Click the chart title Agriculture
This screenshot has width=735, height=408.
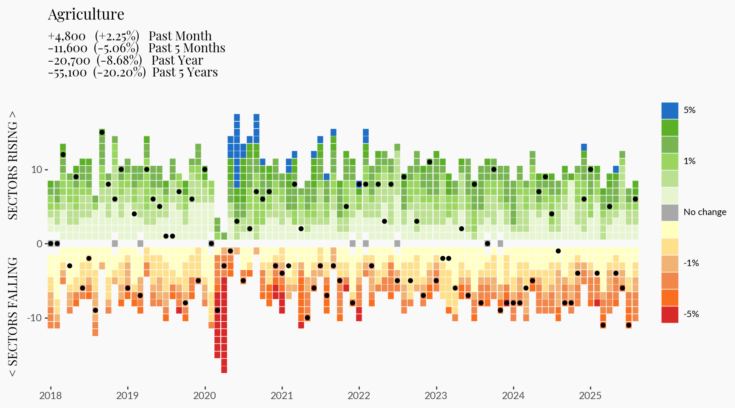(x=86, y=14)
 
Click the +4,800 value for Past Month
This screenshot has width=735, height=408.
(x=67, y=37)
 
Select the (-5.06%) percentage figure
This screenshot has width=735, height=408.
(x=116, y=48)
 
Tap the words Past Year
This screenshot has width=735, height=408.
(x=177, y=60)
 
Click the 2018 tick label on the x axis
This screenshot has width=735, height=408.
(x=50, y=396)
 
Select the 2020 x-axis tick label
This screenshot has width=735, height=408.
(x=205, y=396)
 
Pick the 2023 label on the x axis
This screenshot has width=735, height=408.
(x=436, y=396)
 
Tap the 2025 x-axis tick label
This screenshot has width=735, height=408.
(x=590, y=396)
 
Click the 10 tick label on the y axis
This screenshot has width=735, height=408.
(x=37, y=170)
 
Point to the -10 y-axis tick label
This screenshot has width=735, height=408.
(x=34, y=318)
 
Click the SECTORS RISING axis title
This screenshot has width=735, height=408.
(x=13, y=165)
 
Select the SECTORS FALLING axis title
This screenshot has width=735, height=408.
(x=13, y=317)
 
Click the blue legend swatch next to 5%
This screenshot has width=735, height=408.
(x=669, y=110)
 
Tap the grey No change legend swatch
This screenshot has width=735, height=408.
(x=669, y=212)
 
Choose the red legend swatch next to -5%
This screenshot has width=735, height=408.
(x=669, y=314)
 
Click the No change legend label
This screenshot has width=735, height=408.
(x=705, y=212)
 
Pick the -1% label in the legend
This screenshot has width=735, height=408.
(x=691, y=263)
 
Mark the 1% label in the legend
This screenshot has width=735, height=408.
(x=689, y=161)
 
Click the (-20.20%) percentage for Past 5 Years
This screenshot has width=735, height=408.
(x=120, y=73)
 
